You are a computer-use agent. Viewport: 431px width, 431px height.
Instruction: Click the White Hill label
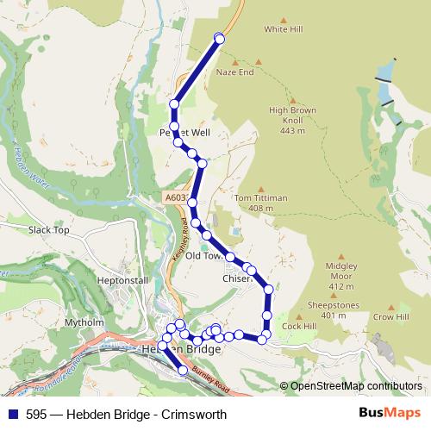284,29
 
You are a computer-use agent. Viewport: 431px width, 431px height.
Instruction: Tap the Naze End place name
234,72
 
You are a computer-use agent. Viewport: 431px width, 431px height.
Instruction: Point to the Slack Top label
48,230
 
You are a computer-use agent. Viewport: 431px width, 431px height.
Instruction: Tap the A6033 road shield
175,198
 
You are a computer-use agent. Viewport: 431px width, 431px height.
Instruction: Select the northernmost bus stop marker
219,37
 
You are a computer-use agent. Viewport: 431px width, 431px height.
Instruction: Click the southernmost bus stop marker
183,371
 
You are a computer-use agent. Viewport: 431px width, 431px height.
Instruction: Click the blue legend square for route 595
10,414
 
